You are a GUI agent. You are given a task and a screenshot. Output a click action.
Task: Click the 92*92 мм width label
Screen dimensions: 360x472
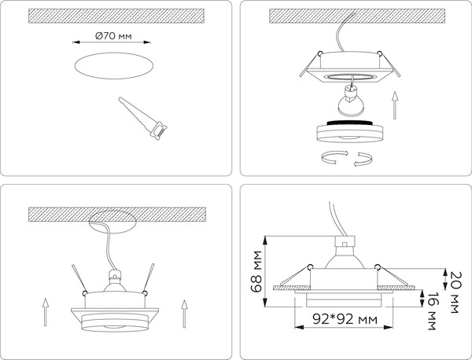pyautogui.click(x=341, y=320)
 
